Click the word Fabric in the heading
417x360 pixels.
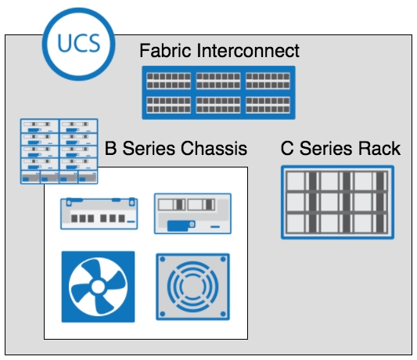165,51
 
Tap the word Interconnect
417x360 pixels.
248,51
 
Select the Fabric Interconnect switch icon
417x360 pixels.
218,92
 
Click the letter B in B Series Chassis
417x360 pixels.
110,148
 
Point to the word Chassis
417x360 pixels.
214,148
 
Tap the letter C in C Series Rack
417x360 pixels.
287,148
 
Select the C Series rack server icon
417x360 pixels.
337,202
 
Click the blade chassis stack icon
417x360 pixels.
59,151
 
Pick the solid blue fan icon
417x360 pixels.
98,287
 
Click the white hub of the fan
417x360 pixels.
98,287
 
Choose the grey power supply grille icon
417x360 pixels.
192,287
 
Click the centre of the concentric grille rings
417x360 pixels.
192,287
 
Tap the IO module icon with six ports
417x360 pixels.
99,214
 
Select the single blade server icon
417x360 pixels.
192,214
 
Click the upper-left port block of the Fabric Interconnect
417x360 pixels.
169,81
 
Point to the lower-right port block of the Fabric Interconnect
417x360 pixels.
268,105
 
